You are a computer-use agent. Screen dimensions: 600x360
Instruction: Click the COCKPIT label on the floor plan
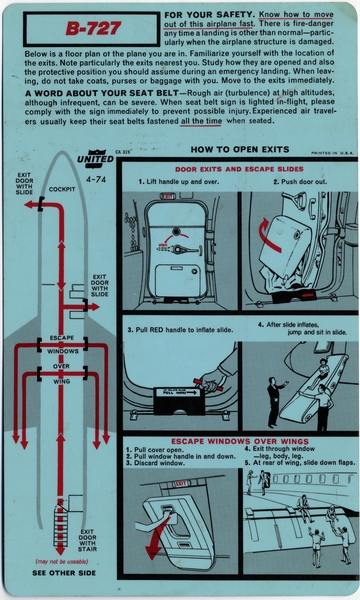[x=62, y=187]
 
